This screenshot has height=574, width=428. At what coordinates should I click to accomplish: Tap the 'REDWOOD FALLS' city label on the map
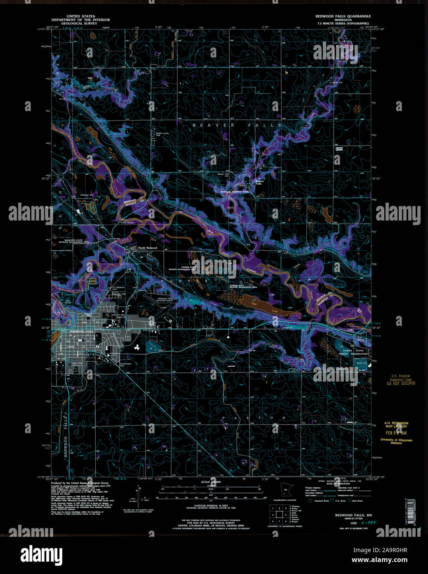click(x=82, y=332)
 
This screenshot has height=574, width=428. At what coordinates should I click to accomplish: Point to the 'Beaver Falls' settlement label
click(x=259, y=182)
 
